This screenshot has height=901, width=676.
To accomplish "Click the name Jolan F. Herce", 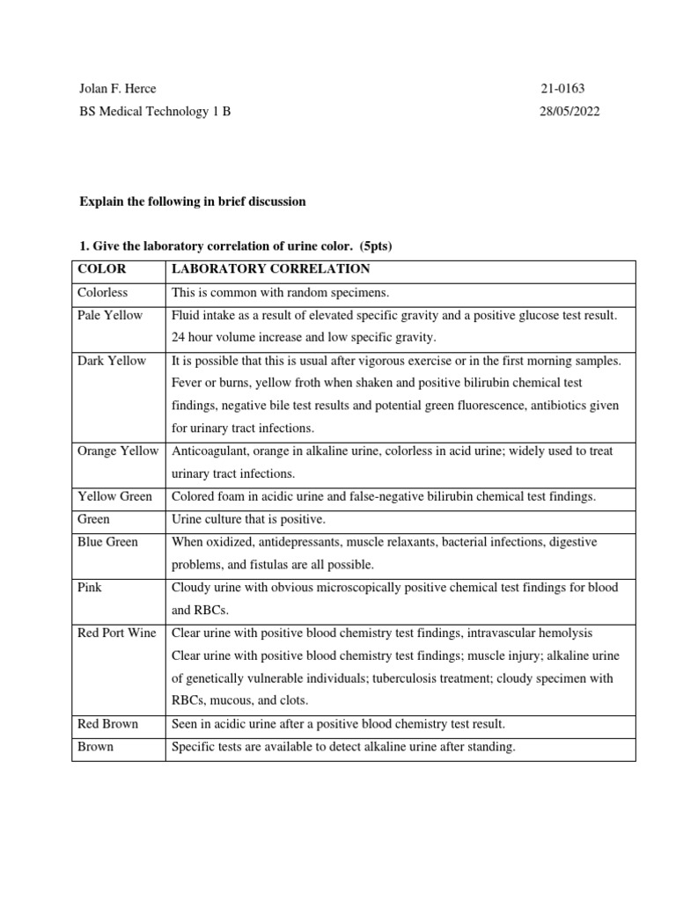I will click(117, 89).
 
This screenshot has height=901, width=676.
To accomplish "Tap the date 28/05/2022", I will click(569, 112).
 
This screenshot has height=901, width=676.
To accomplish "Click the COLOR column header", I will click(102, 269).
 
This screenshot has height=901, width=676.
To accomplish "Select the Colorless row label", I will click(102, 292).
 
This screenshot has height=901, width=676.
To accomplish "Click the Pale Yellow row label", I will click(110, 315).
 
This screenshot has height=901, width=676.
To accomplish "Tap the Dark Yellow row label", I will click(112, 361).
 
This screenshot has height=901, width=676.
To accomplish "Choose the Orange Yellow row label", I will click(118, 451).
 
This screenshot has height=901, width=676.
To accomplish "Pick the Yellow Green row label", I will click(114, 496).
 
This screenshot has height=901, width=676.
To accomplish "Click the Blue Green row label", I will click(107, 542).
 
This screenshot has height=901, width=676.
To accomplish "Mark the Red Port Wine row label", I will click(117, 633).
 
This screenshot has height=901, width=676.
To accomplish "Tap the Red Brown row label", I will click(107, 724).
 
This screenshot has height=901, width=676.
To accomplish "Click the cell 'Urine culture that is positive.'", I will click(248, 519).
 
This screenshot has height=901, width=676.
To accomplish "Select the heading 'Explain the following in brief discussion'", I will click(192, 201).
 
